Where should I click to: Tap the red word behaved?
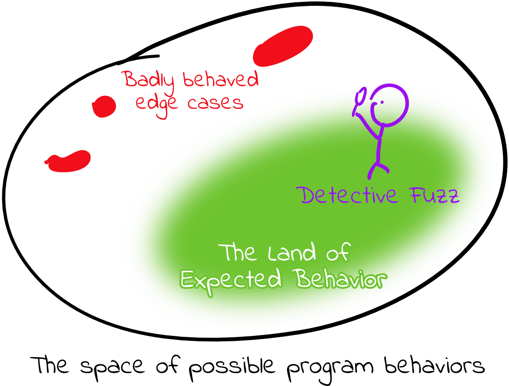221,79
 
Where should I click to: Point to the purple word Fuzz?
435,195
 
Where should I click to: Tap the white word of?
338,253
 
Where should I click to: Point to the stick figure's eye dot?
382,102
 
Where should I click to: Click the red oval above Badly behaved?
283,46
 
